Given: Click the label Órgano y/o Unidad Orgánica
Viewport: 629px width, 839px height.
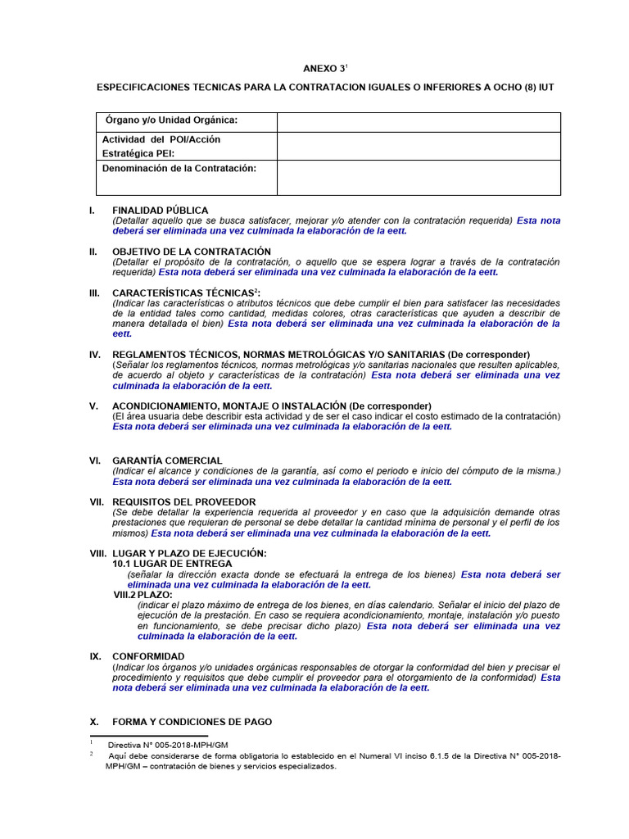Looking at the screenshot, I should tap(170, 120).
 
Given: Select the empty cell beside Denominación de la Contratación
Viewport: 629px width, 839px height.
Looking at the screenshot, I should tap(419, 177).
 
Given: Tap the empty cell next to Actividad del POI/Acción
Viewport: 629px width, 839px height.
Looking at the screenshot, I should tap(419, 146).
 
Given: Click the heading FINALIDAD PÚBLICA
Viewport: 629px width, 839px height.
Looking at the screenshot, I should tap(160, 211).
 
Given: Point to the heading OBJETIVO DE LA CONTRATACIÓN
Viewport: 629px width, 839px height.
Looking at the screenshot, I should tap(191, 252).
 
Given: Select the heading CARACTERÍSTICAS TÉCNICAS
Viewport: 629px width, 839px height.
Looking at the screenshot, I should tap(184, 293).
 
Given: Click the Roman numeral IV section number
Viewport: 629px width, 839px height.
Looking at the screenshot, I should tap(95, 354).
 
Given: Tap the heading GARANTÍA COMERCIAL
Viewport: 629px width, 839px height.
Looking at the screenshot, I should tap(167, 460).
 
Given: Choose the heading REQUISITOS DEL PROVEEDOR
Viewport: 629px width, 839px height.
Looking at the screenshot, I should tap(183, 501).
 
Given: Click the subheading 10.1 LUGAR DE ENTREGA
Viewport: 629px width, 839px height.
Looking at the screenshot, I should tap(172, 564).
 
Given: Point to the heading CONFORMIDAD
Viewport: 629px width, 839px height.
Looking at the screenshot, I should tap(148, 656).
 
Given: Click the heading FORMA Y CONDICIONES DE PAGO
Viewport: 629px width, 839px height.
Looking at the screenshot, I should tap(192, 722).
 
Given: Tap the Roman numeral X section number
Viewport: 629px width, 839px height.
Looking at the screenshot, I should tap(93, 722).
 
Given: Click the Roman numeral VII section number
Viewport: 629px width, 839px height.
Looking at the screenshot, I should tap(97, 501).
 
